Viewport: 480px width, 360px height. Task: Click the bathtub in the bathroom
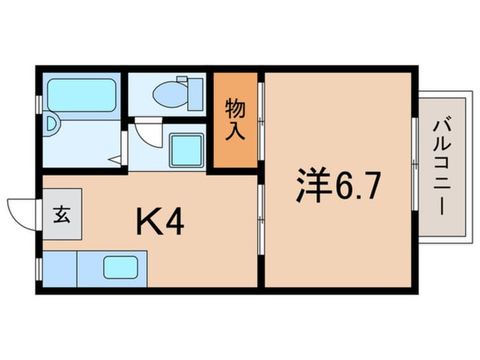[82, 95]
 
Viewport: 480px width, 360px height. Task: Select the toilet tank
[195, 94]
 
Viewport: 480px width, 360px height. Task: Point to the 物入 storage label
[235, 119]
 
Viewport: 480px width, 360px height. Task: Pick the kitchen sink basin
[120, 267]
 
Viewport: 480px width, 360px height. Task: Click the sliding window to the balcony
[415, 165]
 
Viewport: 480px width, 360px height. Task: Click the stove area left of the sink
[59, 268]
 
